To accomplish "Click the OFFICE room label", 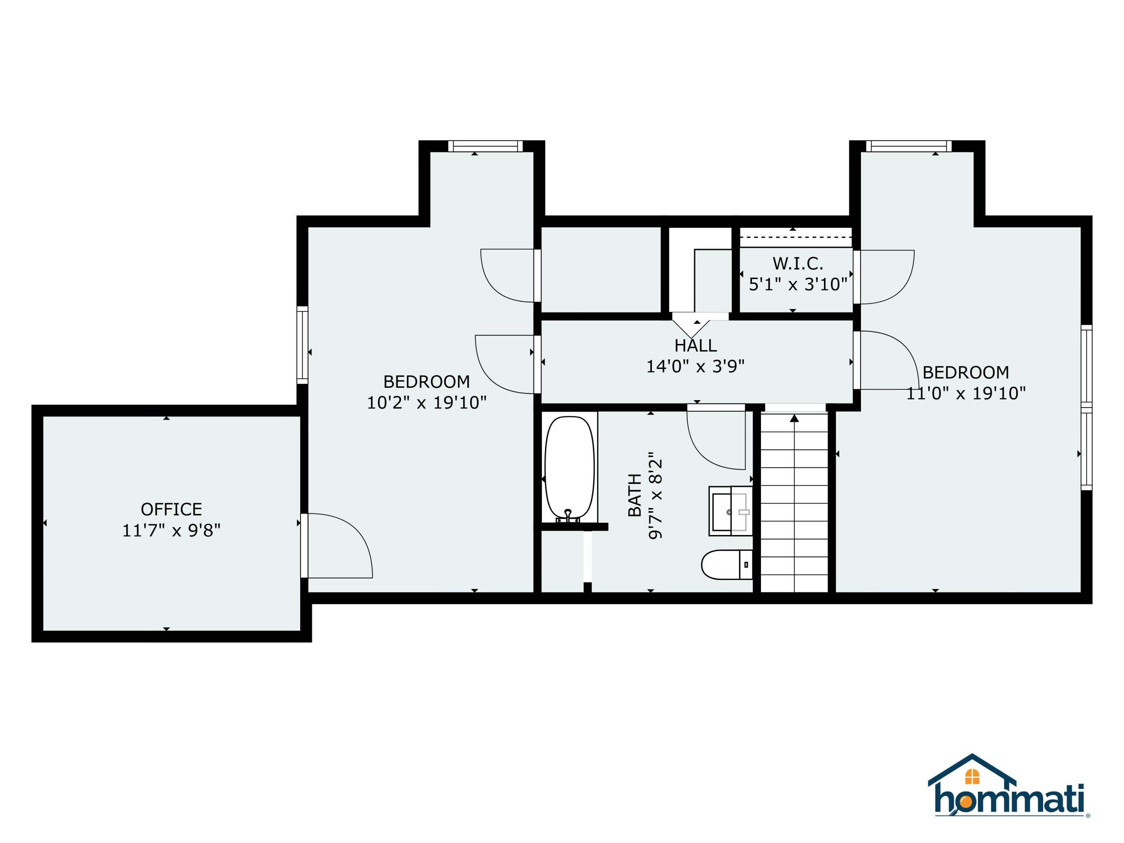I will (x=171, y=509).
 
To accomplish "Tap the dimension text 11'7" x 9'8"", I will (x=171, y=531).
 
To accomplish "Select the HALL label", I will (x=695, y=345).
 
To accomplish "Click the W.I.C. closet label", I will (x=798, y=263).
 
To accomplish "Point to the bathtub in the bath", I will (x=569, y=468).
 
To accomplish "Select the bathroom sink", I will (x=730, y=511).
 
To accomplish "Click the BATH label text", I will (x=635, y=495).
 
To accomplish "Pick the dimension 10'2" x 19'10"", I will (x=426, y=402).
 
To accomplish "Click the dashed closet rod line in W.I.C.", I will (x=795, y=237).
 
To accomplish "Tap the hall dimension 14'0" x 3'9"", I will (x=695, y=366).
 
